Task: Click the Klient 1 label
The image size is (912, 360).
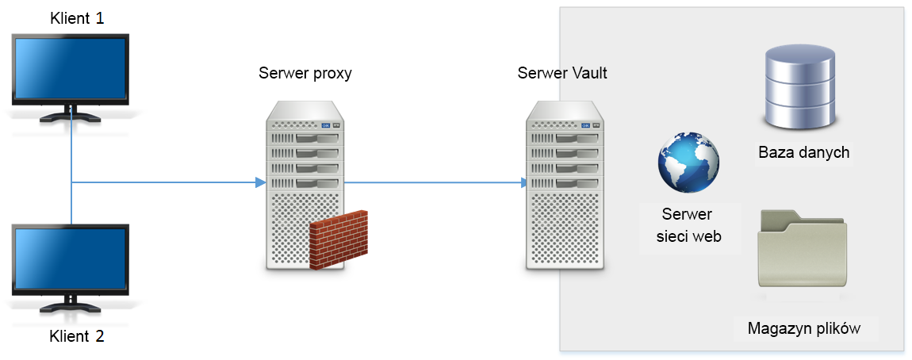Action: [76, 18]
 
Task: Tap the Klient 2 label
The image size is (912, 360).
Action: [76, 335]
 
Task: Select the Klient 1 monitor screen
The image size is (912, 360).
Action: [70, 69]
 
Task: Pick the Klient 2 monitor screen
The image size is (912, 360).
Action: [70, 259]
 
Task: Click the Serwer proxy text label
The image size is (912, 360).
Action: [305, 74]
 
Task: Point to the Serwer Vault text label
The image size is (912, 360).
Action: [562, 74]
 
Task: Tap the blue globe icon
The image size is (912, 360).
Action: [688, 162]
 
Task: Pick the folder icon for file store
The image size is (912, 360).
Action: [803, 249]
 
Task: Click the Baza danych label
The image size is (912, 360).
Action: [803, 152]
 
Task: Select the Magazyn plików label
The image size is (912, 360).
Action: [803, 328]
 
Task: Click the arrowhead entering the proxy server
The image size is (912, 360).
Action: [259, 182]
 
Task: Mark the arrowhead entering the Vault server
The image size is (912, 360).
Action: [524, 182]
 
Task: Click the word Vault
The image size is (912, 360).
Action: [589, 74]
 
